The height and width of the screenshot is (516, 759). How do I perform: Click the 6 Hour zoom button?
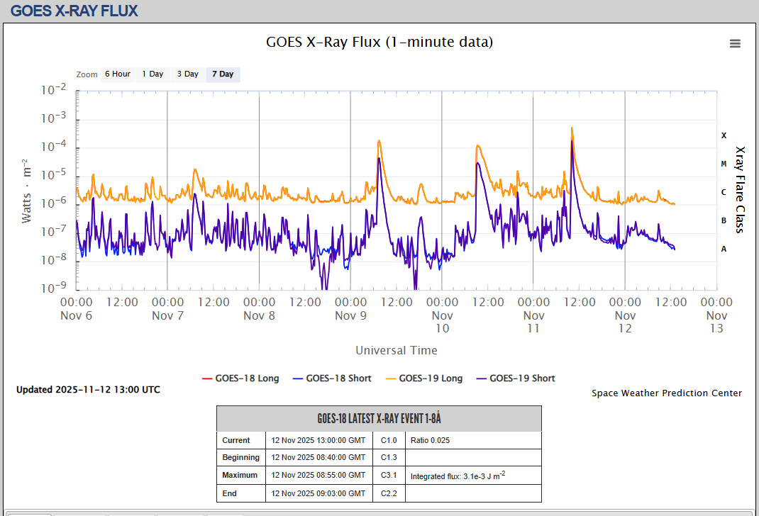117,74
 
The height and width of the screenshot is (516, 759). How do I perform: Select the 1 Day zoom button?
153,74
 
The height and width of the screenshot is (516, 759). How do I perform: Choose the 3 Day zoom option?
188,74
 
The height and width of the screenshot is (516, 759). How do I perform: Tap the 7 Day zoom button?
223,74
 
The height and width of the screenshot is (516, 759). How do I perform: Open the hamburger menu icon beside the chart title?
735,43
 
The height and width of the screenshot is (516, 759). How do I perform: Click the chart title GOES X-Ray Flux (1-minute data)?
379,42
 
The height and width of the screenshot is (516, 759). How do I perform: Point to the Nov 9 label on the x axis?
350,315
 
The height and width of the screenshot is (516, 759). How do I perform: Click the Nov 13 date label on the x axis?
716,327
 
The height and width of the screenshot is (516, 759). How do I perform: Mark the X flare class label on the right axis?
724,135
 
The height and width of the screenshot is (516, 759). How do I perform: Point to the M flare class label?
724,164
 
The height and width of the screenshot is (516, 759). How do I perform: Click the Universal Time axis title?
397,350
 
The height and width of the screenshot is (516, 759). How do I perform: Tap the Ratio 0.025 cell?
430,440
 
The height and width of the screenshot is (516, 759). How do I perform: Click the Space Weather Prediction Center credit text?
667,393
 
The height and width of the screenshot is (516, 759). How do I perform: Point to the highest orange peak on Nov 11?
572,128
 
